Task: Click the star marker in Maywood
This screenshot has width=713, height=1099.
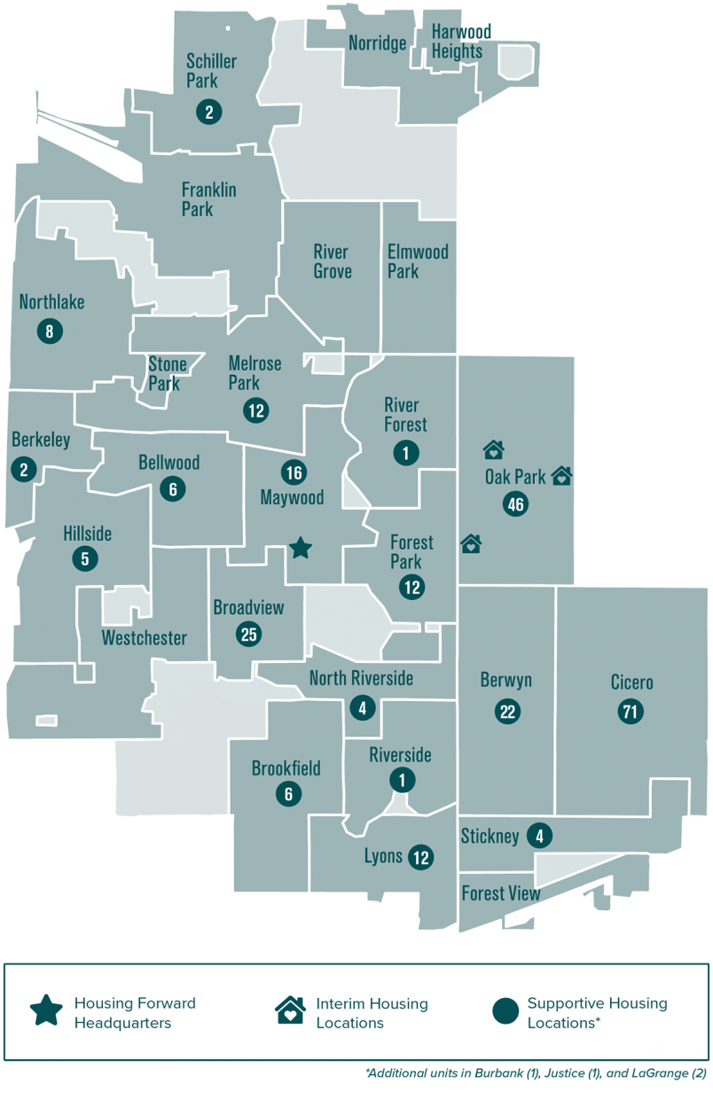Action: coord(301,548)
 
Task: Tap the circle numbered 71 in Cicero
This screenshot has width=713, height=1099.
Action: coord(631,711)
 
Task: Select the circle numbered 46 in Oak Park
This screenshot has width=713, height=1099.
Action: coord(515,505)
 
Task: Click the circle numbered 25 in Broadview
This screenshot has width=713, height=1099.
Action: coord(249,634)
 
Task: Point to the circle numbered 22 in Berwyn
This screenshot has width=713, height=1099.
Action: coord(507,711)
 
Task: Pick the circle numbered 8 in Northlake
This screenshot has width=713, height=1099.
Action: coord(50,331)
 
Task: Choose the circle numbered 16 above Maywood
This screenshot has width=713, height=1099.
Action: coord(294,472)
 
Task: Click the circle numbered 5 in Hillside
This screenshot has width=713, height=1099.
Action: coord(85,558)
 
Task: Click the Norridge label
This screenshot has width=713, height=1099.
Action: coord(377,43)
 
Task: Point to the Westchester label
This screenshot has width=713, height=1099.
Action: coord(145,638)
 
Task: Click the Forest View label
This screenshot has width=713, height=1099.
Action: coord(501,893)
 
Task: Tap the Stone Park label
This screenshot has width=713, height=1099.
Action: coord(167,374)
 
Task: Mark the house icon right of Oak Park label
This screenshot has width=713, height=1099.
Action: coord(561,476)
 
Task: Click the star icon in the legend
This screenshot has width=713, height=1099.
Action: coord(46,1010)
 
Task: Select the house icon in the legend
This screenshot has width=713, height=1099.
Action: coord(289,1011)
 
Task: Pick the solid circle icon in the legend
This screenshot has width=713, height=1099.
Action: coord(505,1011)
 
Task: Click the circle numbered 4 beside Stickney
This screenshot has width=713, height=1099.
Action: coord(538,835)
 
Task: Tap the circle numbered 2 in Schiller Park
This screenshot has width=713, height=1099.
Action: coord(208,112)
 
